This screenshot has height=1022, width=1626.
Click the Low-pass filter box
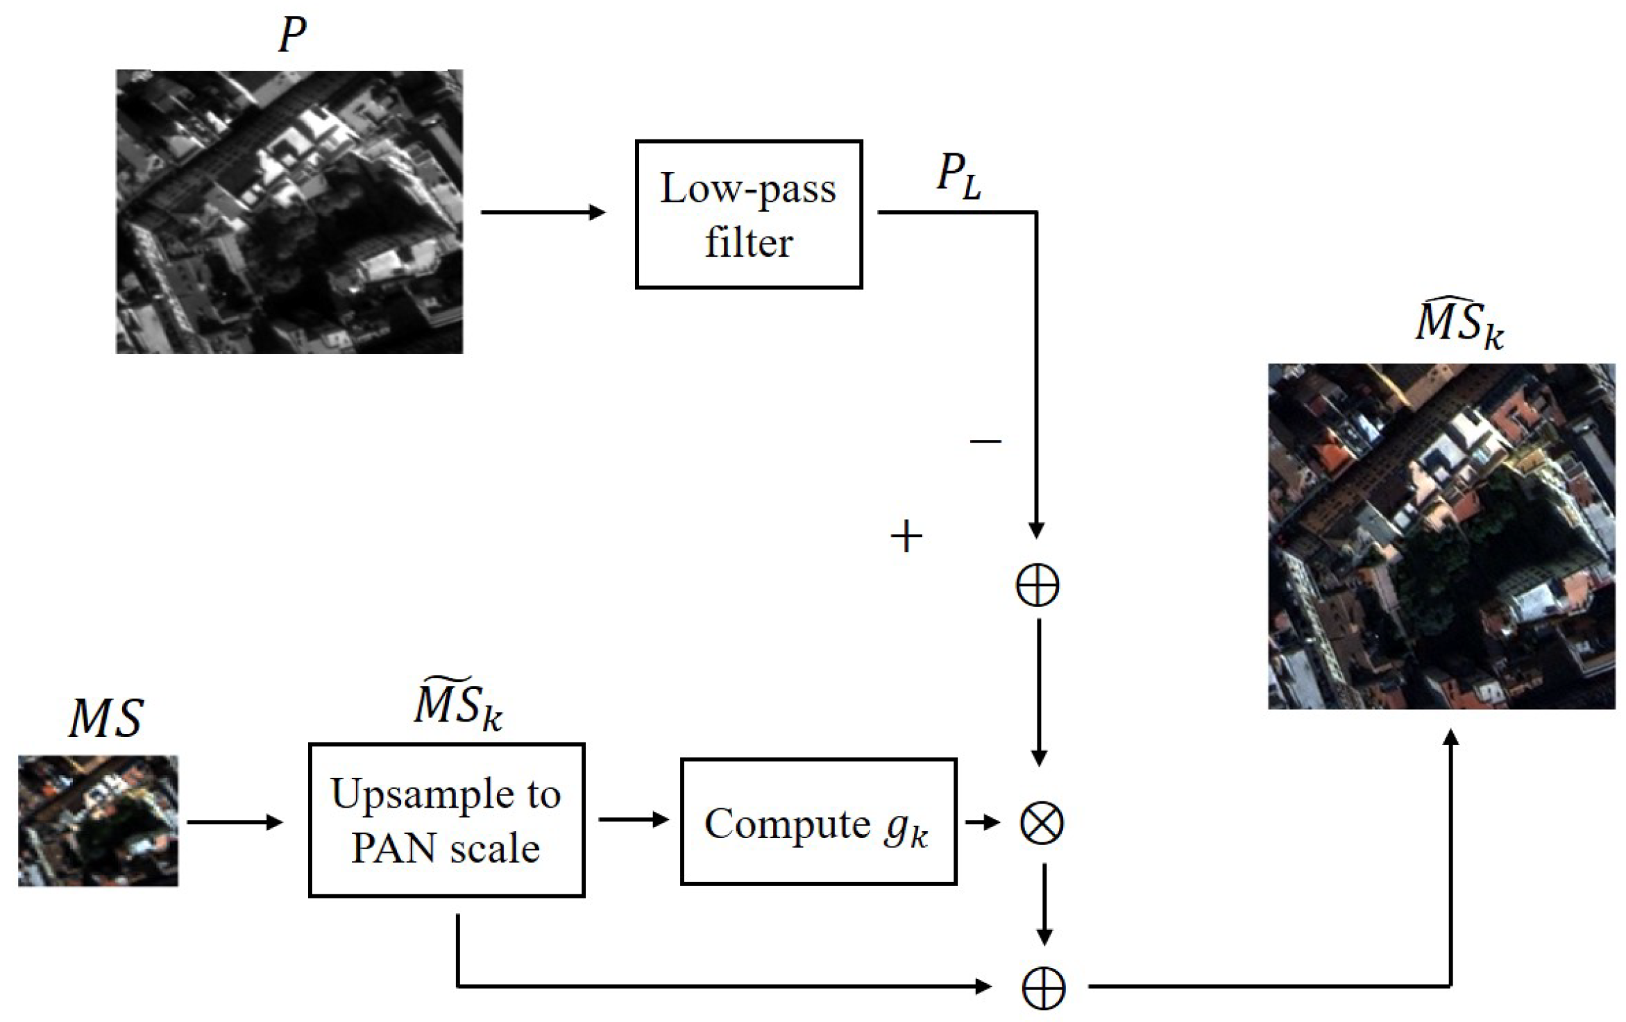pos(748,214)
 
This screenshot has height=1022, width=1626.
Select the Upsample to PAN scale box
pos(446,820)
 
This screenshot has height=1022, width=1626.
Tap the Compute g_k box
pos(818,821)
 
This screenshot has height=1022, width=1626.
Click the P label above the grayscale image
pos(291,35)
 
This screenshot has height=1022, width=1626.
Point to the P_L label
pos(959,176)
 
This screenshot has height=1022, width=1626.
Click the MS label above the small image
pos(106,719)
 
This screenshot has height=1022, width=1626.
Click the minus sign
pos(985,441)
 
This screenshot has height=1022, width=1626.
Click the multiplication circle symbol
pos(1041,823)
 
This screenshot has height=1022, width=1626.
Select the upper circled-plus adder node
pos(1038,585)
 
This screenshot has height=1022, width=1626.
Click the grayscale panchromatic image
pos(289,212)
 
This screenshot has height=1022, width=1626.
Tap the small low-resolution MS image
pos(98,821)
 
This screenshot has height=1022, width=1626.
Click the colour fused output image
pos(1441,536)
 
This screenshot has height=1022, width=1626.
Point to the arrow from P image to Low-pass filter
pos(543,212)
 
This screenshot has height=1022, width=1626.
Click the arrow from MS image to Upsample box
pos(235,823)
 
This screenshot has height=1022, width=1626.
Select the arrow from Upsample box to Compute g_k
pos(633,820)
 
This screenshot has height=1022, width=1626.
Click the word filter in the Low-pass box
pos(748,244)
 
